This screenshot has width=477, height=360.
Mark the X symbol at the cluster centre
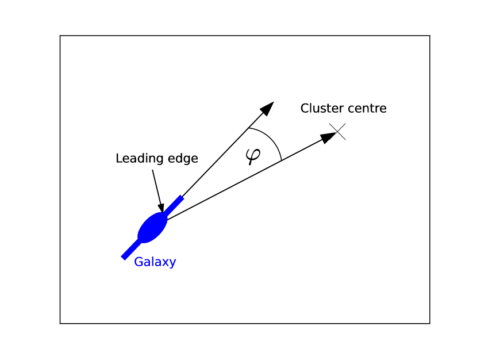pos(337,132)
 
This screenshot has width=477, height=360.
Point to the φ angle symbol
pos(252,155)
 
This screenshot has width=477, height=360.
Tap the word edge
pos(181,159)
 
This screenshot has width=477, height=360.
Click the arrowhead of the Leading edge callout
pos(161,206)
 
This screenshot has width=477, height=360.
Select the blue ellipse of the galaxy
pos(152,228)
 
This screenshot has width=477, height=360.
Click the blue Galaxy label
pos(155,262)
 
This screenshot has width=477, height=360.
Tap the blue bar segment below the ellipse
pos(129,251)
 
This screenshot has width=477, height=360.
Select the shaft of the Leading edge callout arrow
pos(156,184)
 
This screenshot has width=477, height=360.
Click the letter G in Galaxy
pos(139,262)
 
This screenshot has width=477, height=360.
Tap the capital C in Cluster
pos(305,108)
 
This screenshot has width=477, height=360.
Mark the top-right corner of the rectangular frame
pos(430,36)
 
